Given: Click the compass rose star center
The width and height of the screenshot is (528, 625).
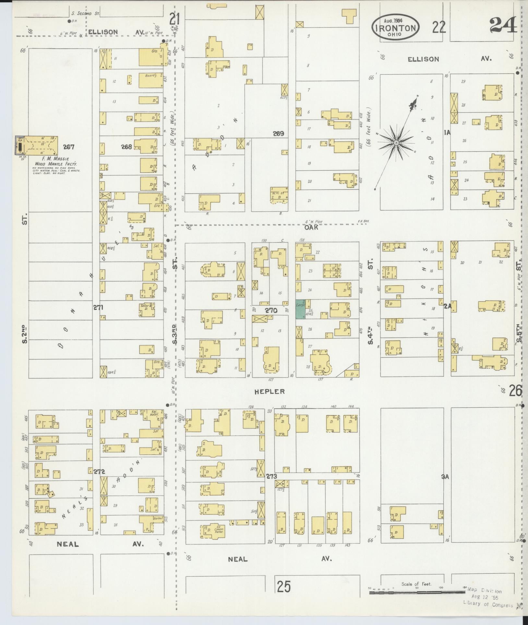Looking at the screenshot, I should pyautogui.click(x=396, y=142).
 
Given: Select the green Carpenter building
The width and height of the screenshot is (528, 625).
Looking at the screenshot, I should pyautogui.click(x=300, y=309).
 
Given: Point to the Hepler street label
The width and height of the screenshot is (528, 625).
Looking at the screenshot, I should pyautogui.click(x=270, y=391).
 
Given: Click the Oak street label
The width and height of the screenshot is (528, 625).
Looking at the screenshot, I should pyautogui.click(x=311, y=227).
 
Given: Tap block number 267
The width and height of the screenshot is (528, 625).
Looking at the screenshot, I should pyautogui.click(x=69, y=147).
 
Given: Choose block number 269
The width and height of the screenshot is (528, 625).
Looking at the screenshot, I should pyautogui.click(x=278, y=133).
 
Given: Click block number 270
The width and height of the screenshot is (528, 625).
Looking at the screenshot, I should pyautogui.click(x=271, y=310).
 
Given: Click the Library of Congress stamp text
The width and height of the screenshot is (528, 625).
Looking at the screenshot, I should pyautogui.click(x=488, y=605).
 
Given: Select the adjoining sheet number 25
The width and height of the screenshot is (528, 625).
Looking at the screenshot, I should pyautogui.click(x=284, y=586).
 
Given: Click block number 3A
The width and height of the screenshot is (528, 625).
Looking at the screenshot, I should pyautogui.click(x=445, y=476).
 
